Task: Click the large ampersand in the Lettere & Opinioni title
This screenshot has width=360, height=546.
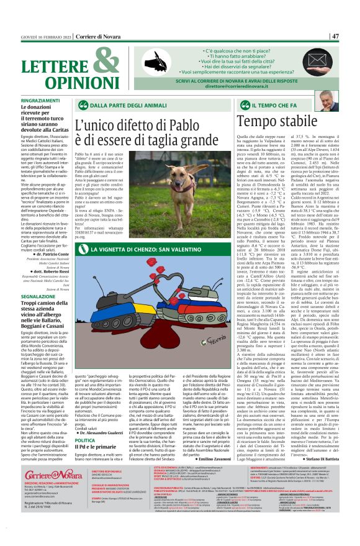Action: [x=91, y=62]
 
